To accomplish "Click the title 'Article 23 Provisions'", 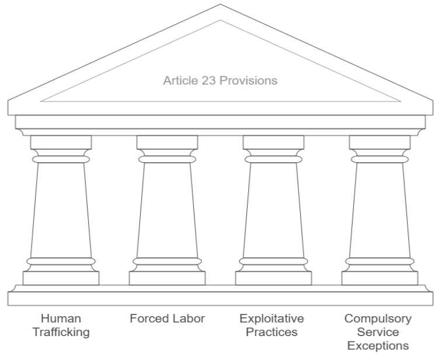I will coord(220,81).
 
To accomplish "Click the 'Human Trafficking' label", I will coord(61,326).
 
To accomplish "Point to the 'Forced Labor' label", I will coord(168,319).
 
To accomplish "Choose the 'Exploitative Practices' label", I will coord(273,326).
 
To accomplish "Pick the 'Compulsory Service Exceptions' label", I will coord(378,332).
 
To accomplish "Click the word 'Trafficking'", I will coord(61,333).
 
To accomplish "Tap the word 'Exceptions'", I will coord(378,345).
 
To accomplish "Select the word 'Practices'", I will coord(273,333).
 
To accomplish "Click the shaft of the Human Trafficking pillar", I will coord(61,210).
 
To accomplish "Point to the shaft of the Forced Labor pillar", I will coord(167,210).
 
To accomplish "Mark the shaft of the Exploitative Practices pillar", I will coord(273,210).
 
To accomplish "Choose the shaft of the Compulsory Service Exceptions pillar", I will coord(380,210).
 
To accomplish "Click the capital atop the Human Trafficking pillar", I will coord(61,142).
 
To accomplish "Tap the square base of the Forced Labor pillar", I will coord(167,278).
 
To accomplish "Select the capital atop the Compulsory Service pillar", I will coord(380,142).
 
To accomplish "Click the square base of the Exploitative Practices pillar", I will coord(273,278).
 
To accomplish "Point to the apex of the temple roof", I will coord(221,6).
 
